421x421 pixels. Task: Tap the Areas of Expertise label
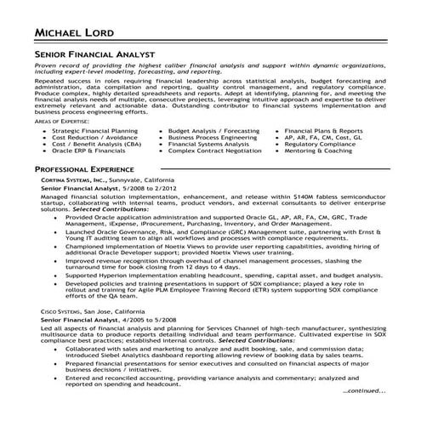[x=60, y=123]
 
